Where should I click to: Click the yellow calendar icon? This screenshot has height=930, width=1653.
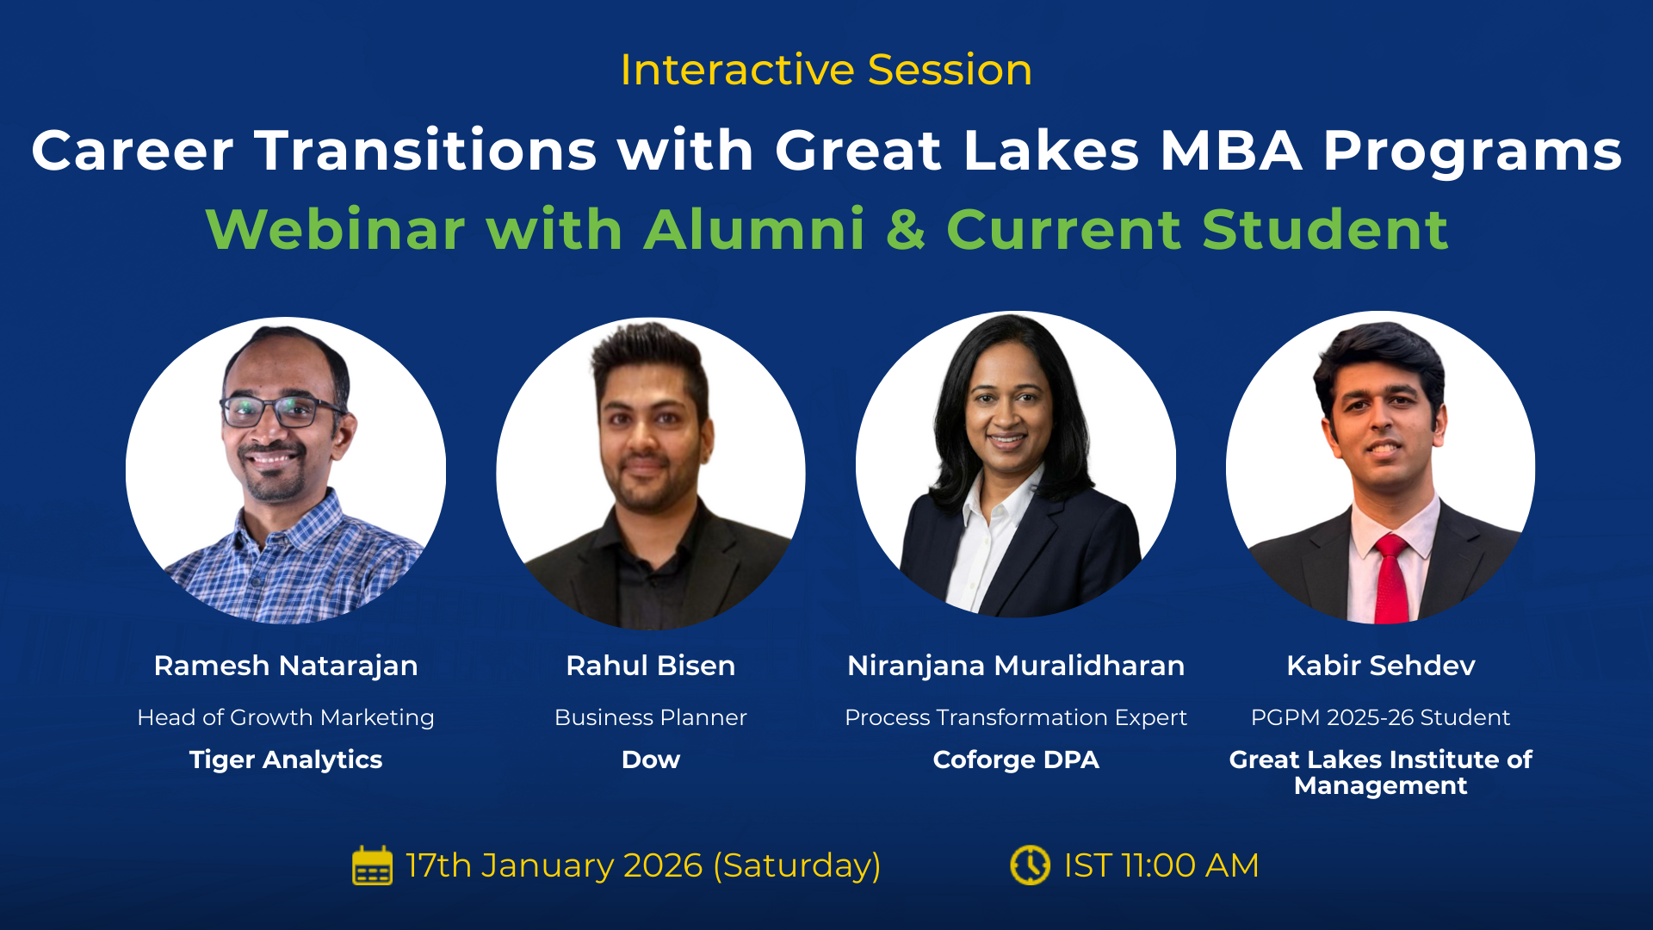372,865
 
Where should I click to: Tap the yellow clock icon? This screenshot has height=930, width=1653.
1030,865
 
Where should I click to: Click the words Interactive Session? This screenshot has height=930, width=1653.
826,70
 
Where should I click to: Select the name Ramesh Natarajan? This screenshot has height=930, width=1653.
286,666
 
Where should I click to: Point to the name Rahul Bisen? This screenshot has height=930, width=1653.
651,666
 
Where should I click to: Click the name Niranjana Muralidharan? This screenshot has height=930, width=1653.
1016,666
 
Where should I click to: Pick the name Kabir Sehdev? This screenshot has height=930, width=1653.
1381,666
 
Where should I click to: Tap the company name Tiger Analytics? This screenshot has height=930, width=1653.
286,759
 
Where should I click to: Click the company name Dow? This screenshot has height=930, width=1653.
651,759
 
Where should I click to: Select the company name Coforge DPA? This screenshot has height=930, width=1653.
1016,759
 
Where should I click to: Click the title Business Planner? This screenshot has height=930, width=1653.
651,717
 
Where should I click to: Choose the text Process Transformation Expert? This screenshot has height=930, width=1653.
1016,717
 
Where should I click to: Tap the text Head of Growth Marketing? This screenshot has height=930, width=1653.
286,717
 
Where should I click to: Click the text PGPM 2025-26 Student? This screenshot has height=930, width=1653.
1381,717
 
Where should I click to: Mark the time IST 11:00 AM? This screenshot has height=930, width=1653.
1161,865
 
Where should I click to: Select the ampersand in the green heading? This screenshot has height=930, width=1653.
906,230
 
